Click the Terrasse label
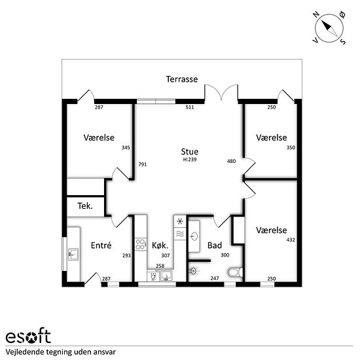[182, 79]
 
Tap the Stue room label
[190, 152]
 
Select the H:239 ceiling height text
[190, 160]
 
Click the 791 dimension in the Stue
[142, 164]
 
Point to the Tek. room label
[85, 206]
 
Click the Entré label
[101, 245]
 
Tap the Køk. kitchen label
[160, 245]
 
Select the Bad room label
[215, 245]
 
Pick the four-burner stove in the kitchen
[141, 244]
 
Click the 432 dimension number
[291, 240]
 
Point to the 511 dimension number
[190, 107]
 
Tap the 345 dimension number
[126, 148]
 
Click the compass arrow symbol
[329, 28]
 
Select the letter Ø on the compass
[342, 15]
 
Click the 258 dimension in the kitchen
[160, 266]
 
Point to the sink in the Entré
[73, 254]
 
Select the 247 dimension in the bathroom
[215, 278]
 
